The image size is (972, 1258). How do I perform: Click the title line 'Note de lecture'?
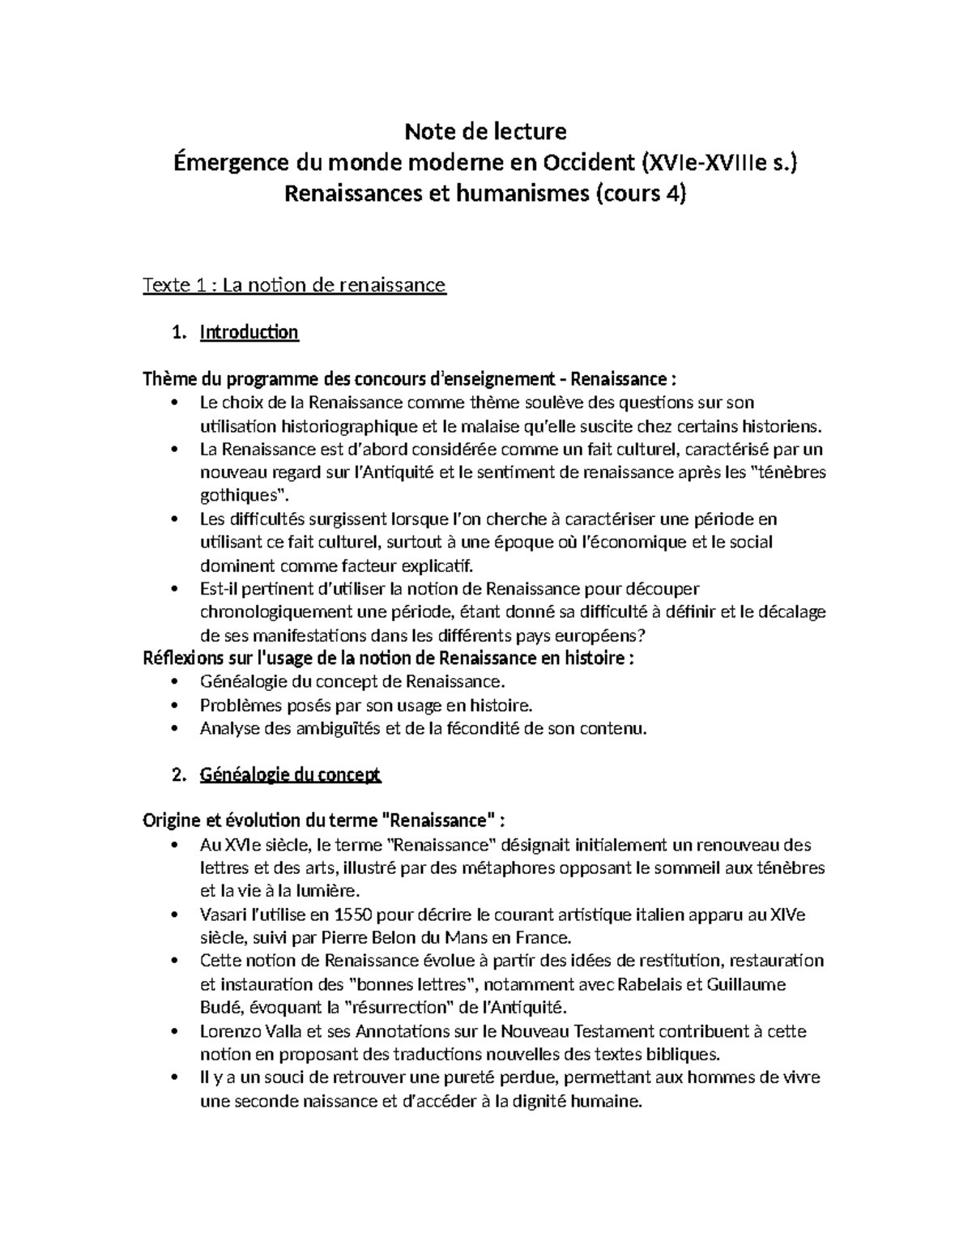point(485,130)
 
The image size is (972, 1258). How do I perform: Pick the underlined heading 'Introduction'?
point(249,332)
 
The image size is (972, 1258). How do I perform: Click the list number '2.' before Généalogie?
point(180,774)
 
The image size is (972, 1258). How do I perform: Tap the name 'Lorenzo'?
point(228,1032)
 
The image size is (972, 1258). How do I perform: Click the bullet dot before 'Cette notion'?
point(175,962)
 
